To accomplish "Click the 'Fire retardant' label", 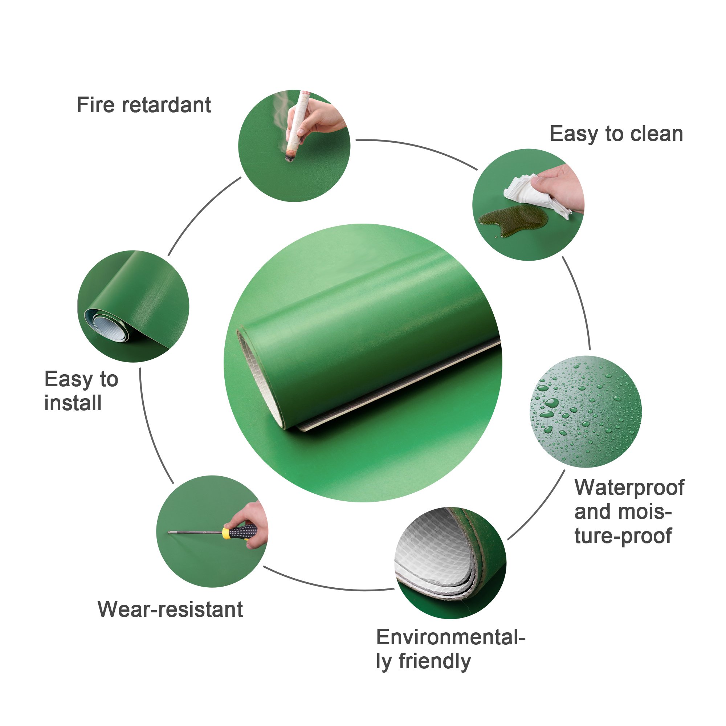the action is (143, 105).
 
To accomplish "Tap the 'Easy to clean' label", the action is (616, 134).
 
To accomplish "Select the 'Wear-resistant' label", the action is (170, 609).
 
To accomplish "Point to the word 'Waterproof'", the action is (629, 488).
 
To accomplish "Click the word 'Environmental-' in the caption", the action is (450, 637).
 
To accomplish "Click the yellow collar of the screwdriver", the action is (226, 533).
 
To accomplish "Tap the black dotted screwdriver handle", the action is (243, 532).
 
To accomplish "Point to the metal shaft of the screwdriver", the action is (195, 532).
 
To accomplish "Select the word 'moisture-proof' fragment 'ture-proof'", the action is (623, 536).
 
